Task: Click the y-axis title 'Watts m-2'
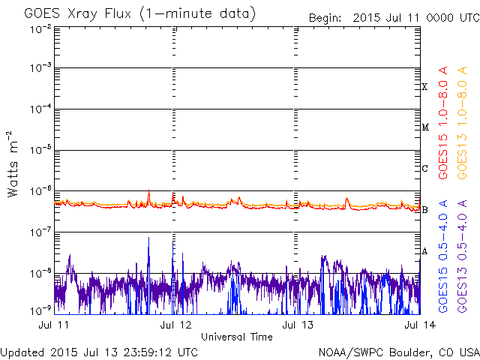tap(13, 163)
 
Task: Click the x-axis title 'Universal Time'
tap(236, 337)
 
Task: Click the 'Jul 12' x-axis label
tap(175, 325)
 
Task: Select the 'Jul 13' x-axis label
tap(292, 325)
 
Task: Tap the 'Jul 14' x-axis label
tap(410, 325)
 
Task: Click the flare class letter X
tap(424, 87)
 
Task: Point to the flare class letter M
tap(424, 127)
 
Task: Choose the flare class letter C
tap(424, 168)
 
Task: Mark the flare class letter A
tap(424, 250)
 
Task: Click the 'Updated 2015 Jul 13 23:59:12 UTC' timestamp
tap(100, 351)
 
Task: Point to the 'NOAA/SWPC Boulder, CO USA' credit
tap(398, 351)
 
